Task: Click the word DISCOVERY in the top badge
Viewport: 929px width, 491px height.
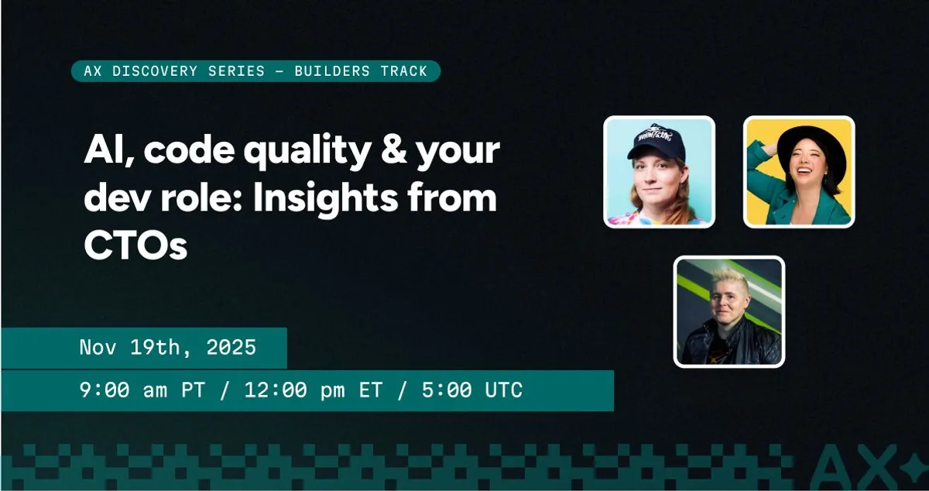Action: pyautogui.click(x=155, y=71)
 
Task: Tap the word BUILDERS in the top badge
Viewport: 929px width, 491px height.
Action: pyautogui.click(x=332, y=71)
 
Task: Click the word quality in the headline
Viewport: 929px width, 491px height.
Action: pyautogui.click(x=307, y=151)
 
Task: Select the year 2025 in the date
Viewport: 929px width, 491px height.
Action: pyautogui.click(x=231, y=347)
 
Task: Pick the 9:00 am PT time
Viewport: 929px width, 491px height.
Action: pyautogui.click(x=142, y=390)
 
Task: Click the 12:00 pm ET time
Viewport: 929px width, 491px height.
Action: pyautogui.click(x=313, y=390)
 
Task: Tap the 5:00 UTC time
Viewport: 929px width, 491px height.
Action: pyautogui.click(x=472, y=390)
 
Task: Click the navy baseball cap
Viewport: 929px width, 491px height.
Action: pyautogui.click(x=654, y=141)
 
